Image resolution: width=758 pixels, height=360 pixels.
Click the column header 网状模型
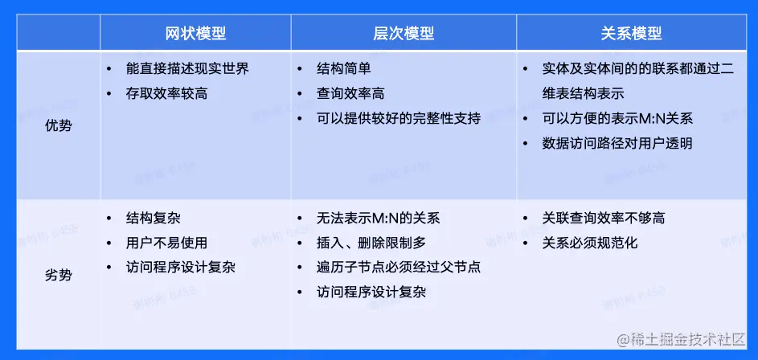tap(195, 33)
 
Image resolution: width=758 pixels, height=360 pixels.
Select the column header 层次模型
tap(404, 33)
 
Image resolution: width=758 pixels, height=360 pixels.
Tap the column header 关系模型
tap(631, 33)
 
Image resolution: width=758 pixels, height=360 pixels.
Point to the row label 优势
tap(58, 127)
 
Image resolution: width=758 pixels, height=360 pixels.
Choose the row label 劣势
tap(58, 276)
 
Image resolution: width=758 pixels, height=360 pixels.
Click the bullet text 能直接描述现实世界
tap(187, 68)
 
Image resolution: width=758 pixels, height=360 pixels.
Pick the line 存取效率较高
tap(166, 93)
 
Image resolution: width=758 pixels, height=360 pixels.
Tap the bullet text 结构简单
tap(344, 68)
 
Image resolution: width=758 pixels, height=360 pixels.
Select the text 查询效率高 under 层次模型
tap(350, 93)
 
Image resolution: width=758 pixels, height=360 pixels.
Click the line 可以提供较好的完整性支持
tap(399, 118)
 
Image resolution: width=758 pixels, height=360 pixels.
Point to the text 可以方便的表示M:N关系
tap(617, 118)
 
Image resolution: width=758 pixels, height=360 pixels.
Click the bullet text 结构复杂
tap(153, 218)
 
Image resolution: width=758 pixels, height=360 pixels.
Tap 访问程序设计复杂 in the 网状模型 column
tap(180, 267)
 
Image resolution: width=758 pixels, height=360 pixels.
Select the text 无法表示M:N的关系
tap(378, 218)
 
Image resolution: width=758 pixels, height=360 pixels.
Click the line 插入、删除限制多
tap(371, 242)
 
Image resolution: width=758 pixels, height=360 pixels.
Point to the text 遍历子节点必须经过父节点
tap(399, 267)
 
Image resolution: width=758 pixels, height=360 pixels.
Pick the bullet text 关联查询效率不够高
tap(604, 218)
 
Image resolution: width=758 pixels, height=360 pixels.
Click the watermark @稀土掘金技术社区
tap(681, 339)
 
